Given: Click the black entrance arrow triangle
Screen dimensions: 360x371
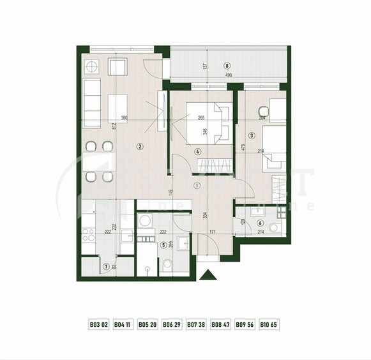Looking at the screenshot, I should coord(206,276).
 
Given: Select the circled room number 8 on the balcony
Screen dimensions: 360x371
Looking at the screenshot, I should coord(226,64).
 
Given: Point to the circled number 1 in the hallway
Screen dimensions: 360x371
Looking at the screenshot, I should coord(197,186).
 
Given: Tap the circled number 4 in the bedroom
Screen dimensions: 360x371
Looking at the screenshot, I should coord(199,152).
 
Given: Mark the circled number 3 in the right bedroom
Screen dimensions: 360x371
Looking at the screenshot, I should coord(253,135).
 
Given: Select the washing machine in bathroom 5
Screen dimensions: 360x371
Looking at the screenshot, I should coord(145,221).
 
